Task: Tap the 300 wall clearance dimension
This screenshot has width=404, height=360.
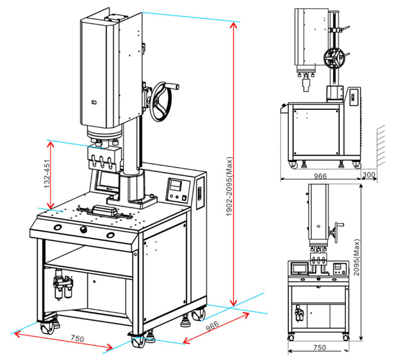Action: tap(368, 175)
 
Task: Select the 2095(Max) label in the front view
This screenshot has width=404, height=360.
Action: tap(357, 258)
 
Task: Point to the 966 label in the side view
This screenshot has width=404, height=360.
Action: tap(321, 176)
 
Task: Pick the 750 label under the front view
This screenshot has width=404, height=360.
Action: tap(319, 348)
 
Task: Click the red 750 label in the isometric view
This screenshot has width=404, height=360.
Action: tap(77, 338)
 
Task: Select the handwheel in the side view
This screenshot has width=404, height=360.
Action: tap(335, 59)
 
